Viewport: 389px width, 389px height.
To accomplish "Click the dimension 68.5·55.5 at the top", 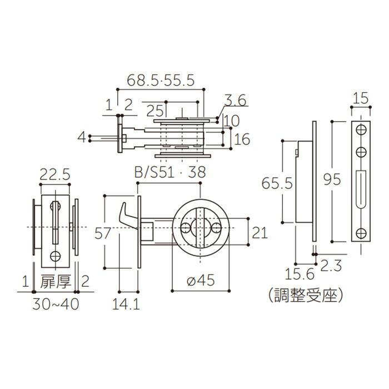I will (160, 81).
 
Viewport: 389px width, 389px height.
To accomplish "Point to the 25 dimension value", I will (156, 111).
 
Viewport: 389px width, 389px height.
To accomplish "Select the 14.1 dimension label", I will (126, 305).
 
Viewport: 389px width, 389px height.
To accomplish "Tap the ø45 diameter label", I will (201, 282).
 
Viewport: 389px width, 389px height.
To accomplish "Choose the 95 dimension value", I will (332, 179).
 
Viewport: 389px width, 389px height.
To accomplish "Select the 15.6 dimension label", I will (300, 273).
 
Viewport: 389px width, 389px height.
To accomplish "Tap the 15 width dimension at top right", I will (361, 99).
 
